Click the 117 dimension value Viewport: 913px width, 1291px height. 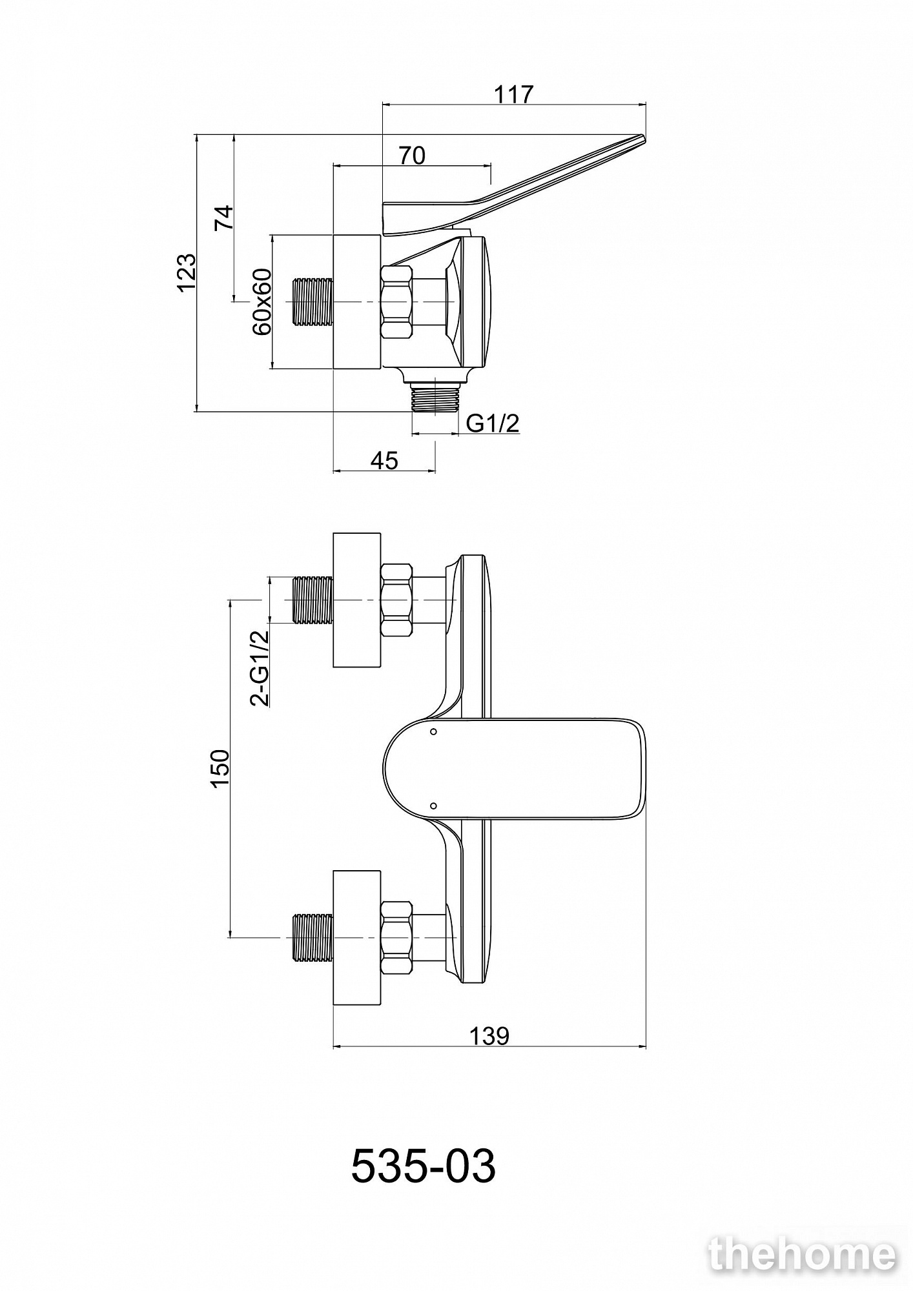(x=514, y=94)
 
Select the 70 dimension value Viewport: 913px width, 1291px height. (x=412, y=156)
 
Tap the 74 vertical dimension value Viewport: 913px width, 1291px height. (x=223, y=218)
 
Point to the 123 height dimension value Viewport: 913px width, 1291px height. (x=186, y=272)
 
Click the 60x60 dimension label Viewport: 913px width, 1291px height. (x=262, y=301)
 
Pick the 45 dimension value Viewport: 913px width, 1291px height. (x=384, y=460)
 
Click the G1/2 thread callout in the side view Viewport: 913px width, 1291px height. (x=493, y=423)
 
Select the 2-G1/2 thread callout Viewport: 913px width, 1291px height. (x=261, y=668)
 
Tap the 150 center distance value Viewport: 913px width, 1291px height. (x=220, y=768)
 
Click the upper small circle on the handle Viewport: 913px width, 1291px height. (x=433, y=732)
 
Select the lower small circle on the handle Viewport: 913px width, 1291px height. (x=433, y=806)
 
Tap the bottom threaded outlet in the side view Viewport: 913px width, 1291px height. (x=435, y=396)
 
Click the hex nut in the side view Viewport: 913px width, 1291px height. (x=397, y=302)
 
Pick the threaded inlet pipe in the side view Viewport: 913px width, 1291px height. (x=313, y=302)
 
